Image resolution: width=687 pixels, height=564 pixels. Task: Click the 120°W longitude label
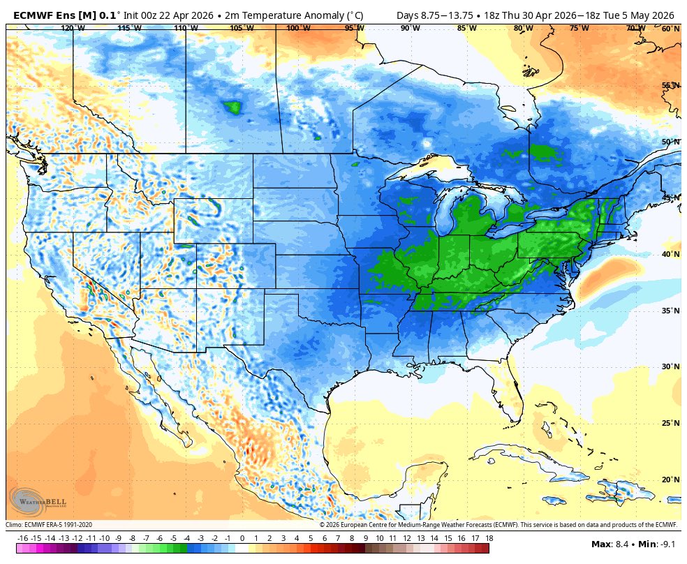click(73, 29)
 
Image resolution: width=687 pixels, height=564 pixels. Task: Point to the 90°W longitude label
click(410, 29)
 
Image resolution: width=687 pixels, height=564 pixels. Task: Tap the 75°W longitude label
click(579, 29)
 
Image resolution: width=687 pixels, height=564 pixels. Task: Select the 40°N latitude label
click(670, 254)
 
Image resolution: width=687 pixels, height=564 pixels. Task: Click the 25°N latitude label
click(670, 423)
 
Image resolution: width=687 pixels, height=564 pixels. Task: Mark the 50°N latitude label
click(670, 142)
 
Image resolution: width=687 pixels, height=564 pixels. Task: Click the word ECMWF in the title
click(34, 15)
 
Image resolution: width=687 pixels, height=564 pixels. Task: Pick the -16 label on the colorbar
click(22, 538)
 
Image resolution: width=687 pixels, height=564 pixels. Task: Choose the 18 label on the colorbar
click(489, 538)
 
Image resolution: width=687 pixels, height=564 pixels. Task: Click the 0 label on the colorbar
click(242, 538)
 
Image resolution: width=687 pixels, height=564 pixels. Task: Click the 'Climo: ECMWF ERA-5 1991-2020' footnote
click(49, 525)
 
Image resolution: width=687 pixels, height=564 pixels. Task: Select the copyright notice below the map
click(498, 525)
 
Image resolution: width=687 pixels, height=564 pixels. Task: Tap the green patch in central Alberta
click(232, 107)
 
